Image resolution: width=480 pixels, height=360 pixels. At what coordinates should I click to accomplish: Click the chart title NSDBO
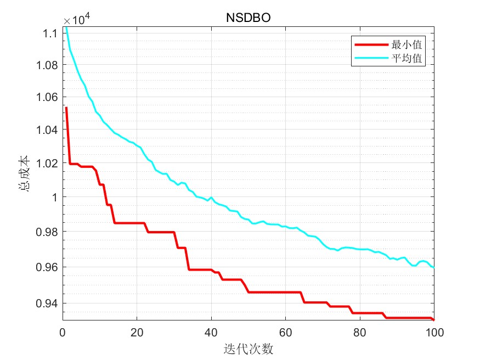tap(249, 18)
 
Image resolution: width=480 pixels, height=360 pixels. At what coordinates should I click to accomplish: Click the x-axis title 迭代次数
tap(249, 348)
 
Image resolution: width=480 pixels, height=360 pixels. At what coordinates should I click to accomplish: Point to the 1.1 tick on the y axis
tap(50, 33)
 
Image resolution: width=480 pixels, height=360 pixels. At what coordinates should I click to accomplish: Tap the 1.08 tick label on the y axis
tap(47, 66)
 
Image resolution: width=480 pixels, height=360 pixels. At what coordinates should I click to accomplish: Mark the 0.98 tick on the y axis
tap(47, 232)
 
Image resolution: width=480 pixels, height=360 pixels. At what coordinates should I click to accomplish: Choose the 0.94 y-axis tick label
tap(47, 303)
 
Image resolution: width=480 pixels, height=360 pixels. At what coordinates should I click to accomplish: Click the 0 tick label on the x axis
tap(63, 332)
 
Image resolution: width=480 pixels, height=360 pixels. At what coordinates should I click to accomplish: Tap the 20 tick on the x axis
tap(137, 332)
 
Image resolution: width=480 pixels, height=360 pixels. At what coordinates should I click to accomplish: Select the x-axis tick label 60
tap(286, 332)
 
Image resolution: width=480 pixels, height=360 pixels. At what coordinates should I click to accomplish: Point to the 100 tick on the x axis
tap(434, 332)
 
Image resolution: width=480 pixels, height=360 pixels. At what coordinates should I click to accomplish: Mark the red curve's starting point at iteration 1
tap(66, 108)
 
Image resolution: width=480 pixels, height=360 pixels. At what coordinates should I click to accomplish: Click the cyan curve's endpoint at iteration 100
tap(434, 267)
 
